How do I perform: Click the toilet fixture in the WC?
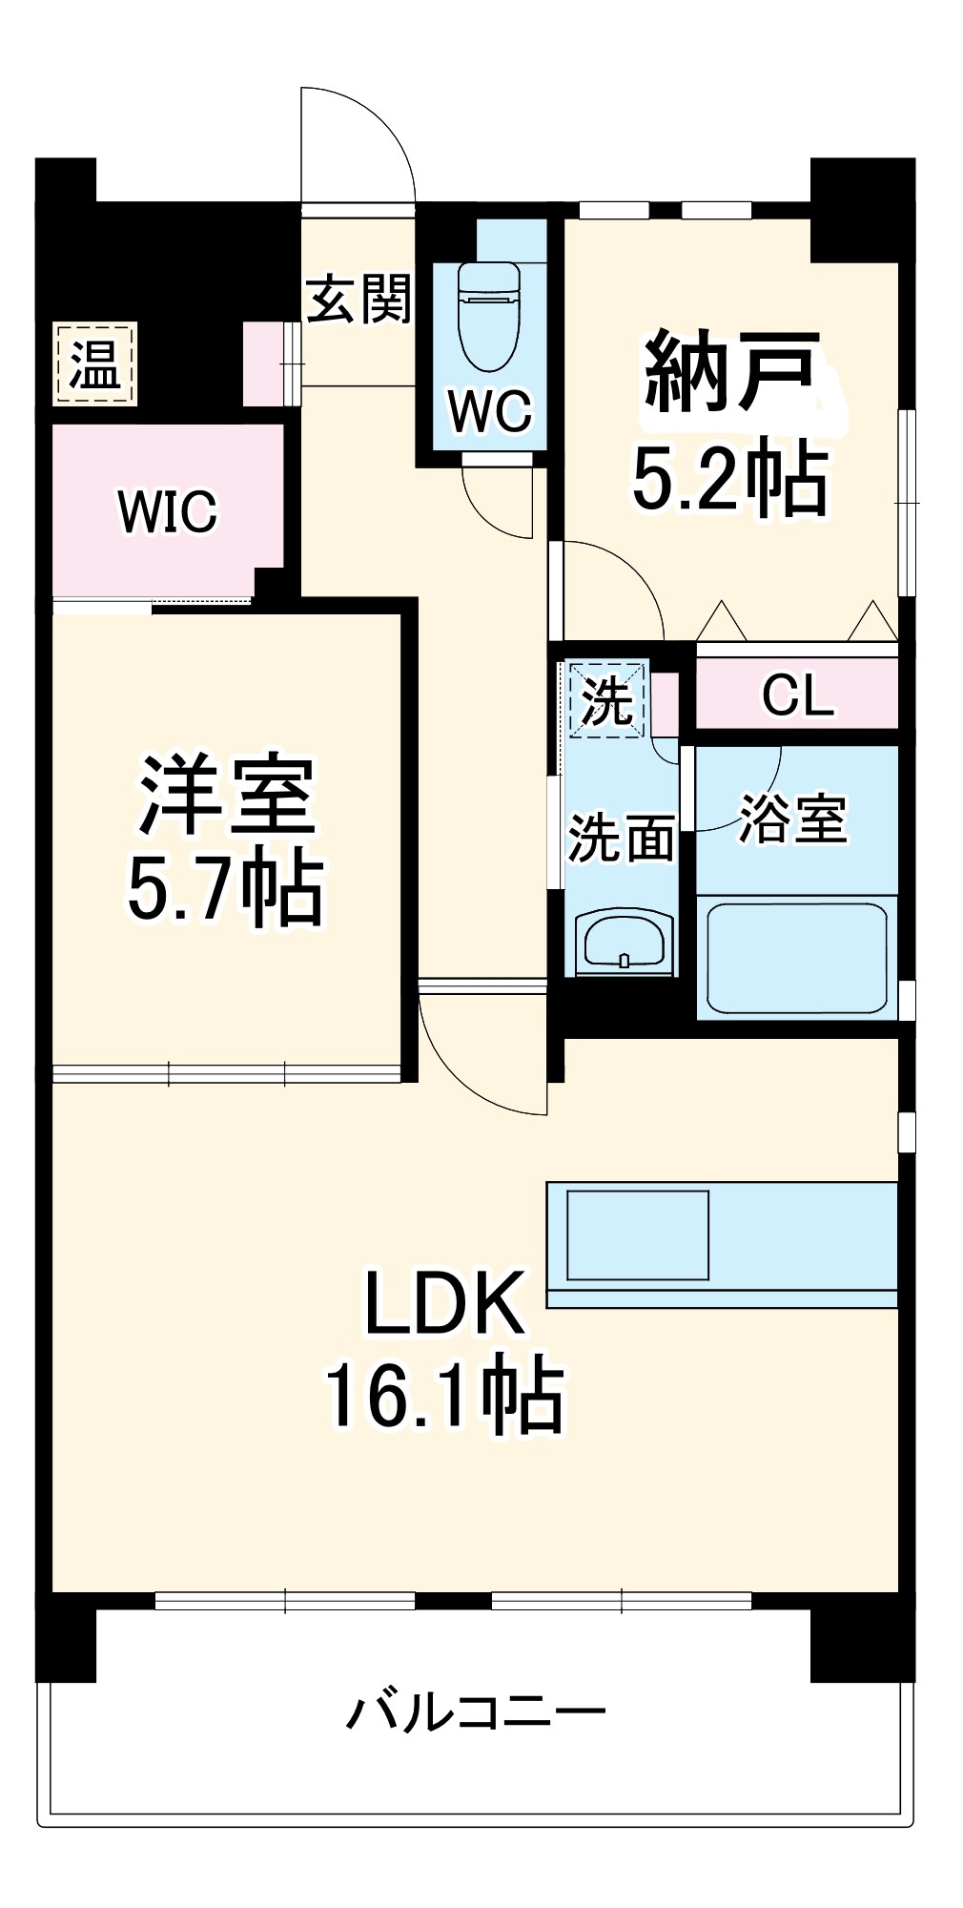[x=489, y=316]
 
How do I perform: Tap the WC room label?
[x=490, y=412]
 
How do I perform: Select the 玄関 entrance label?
[x=359, y=299]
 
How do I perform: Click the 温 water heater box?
[x=95, y=364]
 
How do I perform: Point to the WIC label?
[x=168, y=511]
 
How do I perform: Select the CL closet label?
[x=797, y=695]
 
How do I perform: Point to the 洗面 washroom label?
[x=621, y=839]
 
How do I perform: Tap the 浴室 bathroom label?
[x=793, y=819]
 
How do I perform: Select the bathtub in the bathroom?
[x=796, y=957]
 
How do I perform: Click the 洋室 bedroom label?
[x=227, y=796]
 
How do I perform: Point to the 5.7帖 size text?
[x=226, y=889]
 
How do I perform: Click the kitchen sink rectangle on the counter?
[x=638, y=1234]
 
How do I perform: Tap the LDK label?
[x=444, y=1303]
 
